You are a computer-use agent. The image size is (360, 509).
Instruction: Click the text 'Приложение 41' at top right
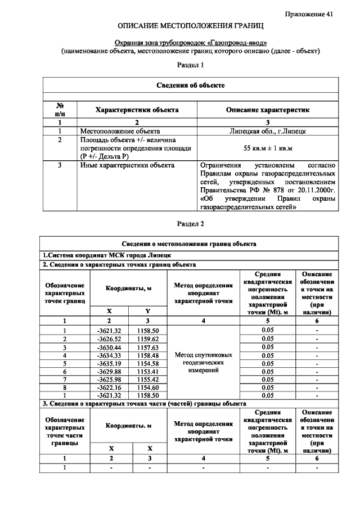coord(309,14)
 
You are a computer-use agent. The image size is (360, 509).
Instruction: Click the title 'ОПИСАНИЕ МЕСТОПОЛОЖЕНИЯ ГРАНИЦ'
coord(190,26)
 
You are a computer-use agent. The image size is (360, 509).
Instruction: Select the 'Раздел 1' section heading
coord(190,65)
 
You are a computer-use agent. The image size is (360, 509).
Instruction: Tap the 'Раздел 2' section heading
coord(190,223)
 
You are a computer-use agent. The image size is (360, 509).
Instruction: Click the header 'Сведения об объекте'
coord(190,85)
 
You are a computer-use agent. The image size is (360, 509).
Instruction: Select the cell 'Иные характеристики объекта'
coord(127,165)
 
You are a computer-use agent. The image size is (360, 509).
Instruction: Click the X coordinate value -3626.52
coord(109,339)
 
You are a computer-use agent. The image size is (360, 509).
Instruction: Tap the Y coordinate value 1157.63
coord(148,348)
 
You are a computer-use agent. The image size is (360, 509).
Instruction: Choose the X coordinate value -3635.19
coord(109,363)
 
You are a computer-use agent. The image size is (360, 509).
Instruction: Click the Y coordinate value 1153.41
coord(148,371)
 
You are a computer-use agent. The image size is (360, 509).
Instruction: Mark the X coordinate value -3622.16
coord(109,388)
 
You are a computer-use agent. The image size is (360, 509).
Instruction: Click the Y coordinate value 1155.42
coord(148,380)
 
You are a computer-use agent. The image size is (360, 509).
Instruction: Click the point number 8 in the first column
coord(65,388)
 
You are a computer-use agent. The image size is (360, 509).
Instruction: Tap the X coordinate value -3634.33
coord(109,355)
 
